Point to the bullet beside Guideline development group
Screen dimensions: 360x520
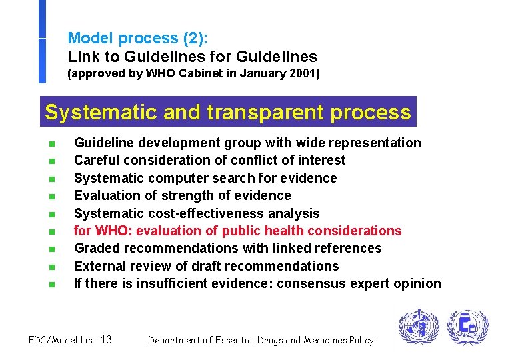coord(51,143)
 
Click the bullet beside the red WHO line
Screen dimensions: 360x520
coord(51,232)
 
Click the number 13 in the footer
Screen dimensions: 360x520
coord(105,340)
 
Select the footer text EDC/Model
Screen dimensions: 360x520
coord(53,340)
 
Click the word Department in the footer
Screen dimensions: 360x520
coord(175,340)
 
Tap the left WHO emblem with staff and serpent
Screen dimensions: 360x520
coord(419,327)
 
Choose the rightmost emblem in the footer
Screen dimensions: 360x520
coord(468,327)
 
